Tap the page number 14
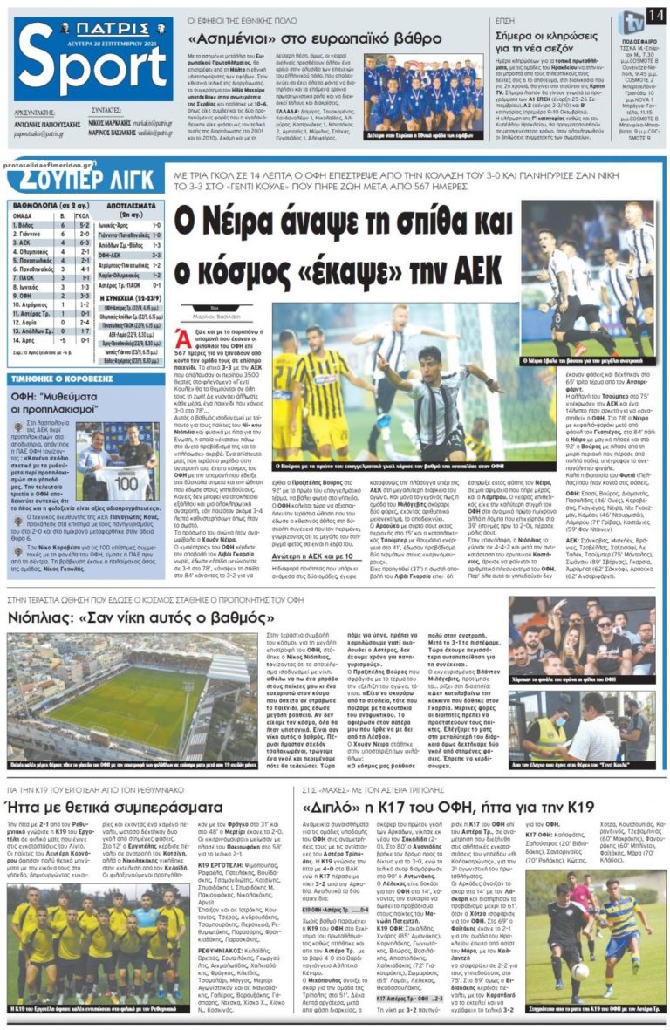coord(655,16)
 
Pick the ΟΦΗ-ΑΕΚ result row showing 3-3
coord(129,255)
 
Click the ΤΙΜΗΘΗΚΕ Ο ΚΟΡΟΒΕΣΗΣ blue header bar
coord(61,379)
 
